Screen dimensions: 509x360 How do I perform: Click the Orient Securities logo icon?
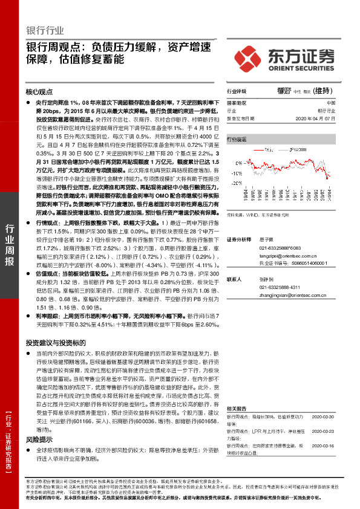pyautogui.click(x=252, y=57)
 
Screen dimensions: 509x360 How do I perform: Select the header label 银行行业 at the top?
pyautogui.click(x=45, y=30)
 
